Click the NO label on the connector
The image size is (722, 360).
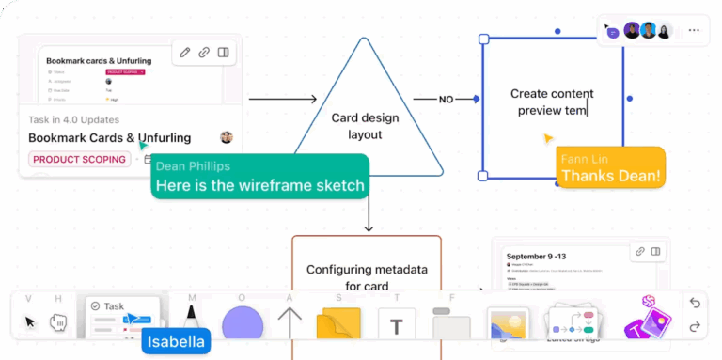(x=446, y=99)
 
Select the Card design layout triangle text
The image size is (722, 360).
(x=365, y=126)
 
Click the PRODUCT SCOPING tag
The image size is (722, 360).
(x=79, y=160)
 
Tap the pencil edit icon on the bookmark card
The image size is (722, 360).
(x=185, y=53)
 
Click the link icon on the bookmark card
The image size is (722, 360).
(x=204, y=53)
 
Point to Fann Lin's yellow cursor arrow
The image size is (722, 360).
(x=548, y=139)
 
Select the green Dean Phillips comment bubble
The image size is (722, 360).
(x=259, y=177)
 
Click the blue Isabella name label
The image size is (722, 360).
(x=176, y=341)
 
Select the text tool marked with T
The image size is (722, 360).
(x=397, y=326)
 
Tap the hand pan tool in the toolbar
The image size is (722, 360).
(x=58, y=322)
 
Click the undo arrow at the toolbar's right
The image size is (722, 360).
(x=695, y=303)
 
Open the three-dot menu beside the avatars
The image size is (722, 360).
(x=694, y=30)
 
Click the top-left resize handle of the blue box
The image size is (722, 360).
(x=483, y=39)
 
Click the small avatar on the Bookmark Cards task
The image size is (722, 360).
(x=226, y=138)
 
